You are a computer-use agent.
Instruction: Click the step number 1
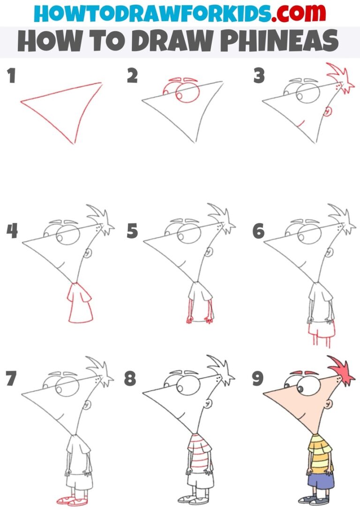tap(11, 76)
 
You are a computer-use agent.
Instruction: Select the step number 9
tap(258, 379)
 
